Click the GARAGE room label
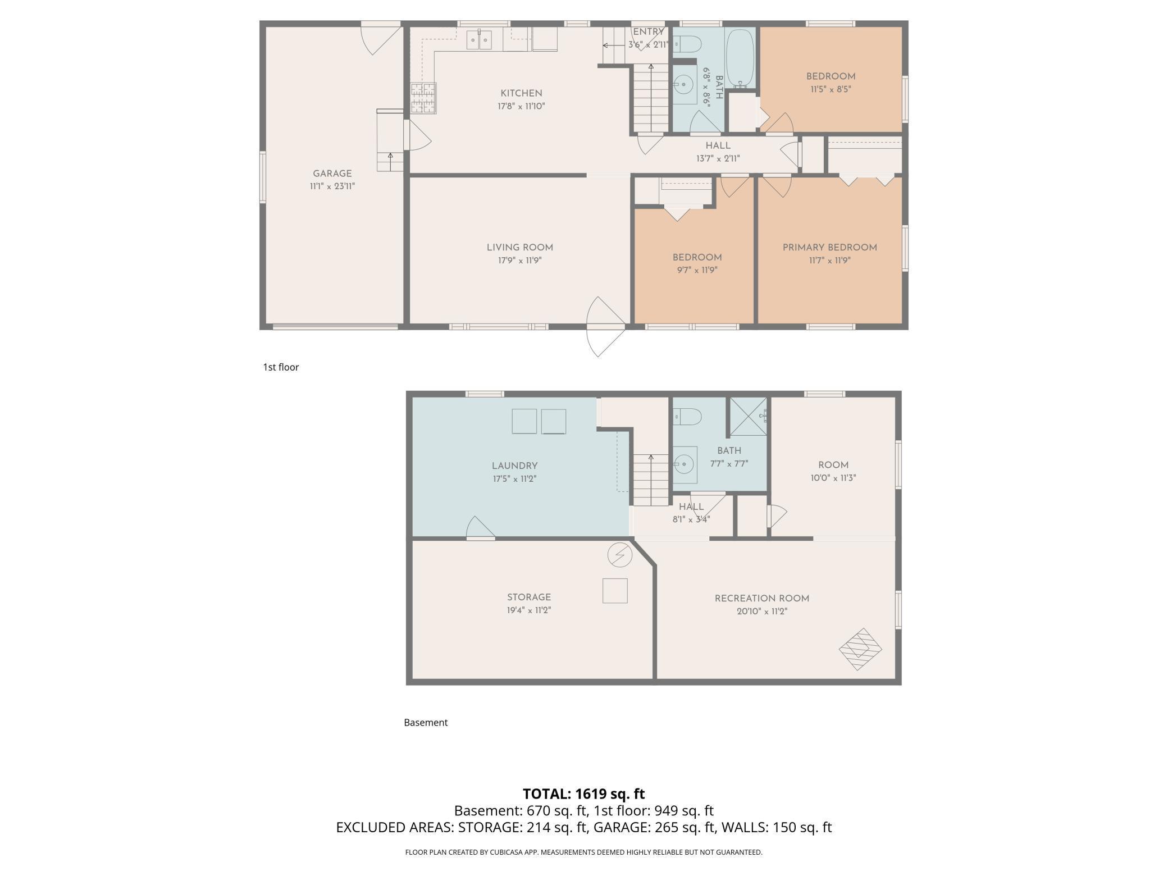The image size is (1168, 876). pyautogui.click(x=332, y=174)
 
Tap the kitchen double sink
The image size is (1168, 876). pyautogui.click(x=479, y=40)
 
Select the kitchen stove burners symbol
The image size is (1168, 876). pyautogui.click(x=423, y=98)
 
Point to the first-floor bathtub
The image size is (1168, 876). pyautogui.click(x=740, y=58)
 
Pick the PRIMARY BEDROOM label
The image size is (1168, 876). pyautogui.click(x=829, y=248)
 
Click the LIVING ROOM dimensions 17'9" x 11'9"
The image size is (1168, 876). pyautogui.click(x=519, y=261)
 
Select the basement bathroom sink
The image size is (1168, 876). pyautogui.click(x=685, y=465)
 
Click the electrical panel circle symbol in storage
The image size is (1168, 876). pyautogui.click(x=620, y=555)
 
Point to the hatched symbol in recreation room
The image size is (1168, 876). pyautogui.click(x=860, y=649)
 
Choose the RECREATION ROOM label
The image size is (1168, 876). pyautogui.click(x=762, y=599)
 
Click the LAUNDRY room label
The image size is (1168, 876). pyautogui.click(x=515, y=466)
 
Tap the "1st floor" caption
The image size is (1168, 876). pyautogui.click(x=281, y=367)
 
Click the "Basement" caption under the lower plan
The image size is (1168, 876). pyautogui.click(x=426, y=723)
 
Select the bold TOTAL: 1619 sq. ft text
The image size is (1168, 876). pyautogui.click(x=584, y=794)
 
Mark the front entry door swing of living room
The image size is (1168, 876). pyautogui.click(x=605, y=327)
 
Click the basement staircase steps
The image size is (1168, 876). pyautogui.click(x=651, y=480)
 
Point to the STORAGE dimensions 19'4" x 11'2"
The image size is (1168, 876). pyautogui.click(x=529, y=610)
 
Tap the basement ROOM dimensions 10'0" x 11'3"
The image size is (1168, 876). pyautogui.click(x=833, y=478)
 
